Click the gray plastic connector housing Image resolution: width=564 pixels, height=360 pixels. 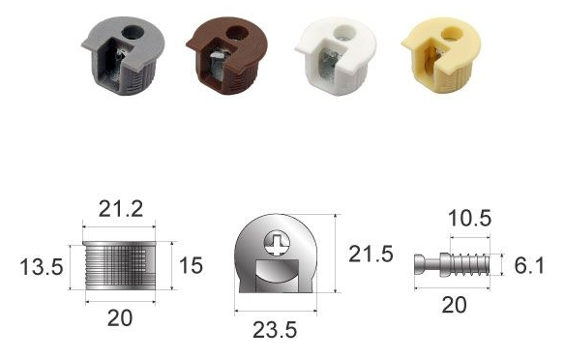pyautogui.click(x=123, y=54)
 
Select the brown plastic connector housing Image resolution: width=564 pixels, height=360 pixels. pyautogui.click(x=227, y=54)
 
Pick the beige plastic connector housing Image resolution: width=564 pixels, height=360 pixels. pyautogui.click(x=441, y=54)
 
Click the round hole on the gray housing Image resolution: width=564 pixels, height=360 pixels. pyautogui.click(x=133, y=32)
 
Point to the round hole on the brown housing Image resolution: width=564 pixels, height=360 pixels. pyautogui.click(x=237, y=33)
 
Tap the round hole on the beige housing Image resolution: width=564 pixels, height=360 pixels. pyautogui.click(x=451, y=34)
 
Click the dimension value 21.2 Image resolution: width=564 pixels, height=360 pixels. pyautogui.click(x=121, y=209)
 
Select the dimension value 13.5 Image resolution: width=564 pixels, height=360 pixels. pyautogui.click(x=42, y=267)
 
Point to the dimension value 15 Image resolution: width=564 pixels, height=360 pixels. pyautogui.click(x=191, y=265)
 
